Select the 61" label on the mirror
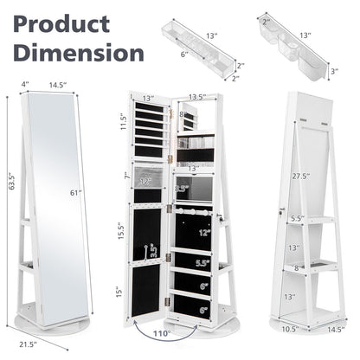coord(75,194)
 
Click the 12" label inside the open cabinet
coord(203,233)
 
